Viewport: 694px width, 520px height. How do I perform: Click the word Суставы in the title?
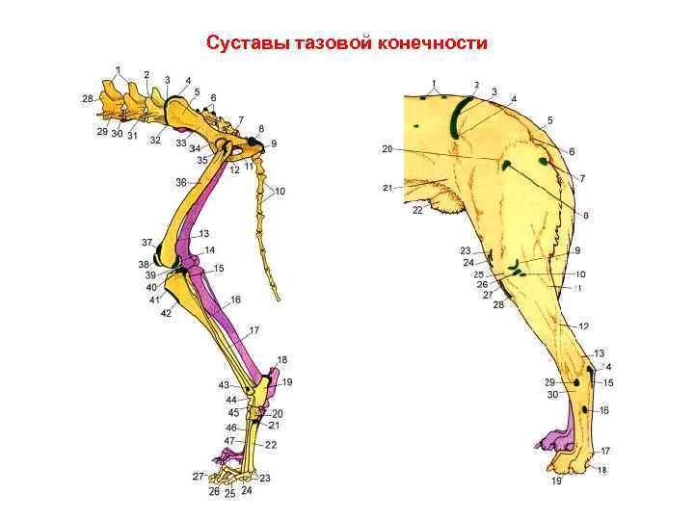pyautogui.click(x=243, y=43)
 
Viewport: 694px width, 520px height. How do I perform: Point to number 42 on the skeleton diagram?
pyautogui.click(x=166, y=314)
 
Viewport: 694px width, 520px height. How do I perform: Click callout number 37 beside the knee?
pyautogui.click(x=147, y=242)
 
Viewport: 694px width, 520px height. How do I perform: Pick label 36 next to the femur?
pyautogui.click(x=180, y=182)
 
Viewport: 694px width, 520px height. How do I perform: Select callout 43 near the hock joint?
pyautogui.click(x=224, y=385)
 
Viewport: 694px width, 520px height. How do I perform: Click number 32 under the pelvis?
pyautogui.click(x=154, y=141)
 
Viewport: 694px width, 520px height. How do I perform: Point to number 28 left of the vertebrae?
pyautogui.click(x=88, y=98)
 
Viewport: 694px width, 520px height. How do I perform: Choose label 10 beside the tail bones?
pyautogui.click(x=280, y=192)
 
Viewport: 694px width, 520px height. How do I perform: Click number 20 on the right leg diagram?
pyautogui.click(x=387, y=149)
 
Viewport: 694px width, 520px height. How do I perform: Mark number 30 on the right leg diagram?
pyautogui.click(x=550, y=394)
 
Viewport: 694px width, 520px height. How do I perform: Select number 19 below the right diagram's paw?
pyautogui.click(x=556, y=481)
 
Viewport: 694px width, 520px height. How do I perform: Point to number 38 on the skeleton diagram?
pyautogui.click(x=144, y=264)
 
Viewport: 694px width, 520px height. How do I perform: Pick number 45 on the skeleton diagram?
pyautogui.click(x=233, y=412)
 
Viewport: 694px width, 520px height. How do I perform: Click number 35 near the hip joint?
pyautogui.click(x=202, y=160)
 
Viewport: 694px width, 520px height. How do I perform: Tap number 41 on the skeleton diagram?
pyautogui.click(x=154, y=300)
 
